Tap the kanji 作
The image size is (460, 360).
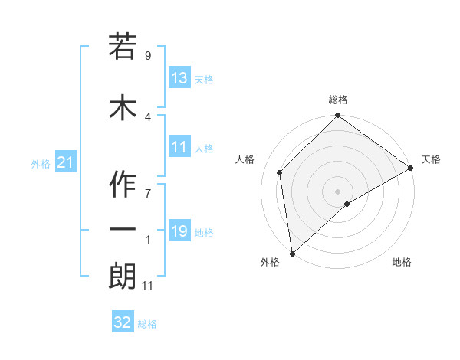click(x=123, y=184)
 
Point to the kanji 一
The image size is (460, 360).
click(x=123, y=229)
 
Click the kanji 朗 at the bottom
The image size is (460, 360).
click(x=123, y=277)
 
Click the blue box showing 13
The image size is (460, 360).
click(x=179, y=78)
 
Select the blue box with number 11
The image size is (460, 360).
click(x=179, y=148)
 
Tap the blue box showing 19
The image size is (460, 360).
click(x=179, y=231)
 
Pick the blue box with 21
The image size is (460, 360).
click(x=64, y=163)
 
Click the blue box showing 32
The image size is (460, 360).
click(x=123, y=322)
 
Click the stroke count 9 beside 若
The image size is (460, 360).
click(x=147, y=56)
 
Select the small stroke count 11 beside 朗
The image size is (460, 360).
click(x=149, y=286)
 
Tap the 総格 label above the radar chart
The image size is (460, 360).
click(x=338, y=100)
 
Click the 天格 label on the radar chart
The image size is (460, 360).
click(x=431, y=159)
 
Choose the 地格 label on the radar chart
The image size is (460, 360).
click(x=402, y=263)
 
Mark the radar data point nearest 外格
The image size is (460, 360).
click(x=292, y=253)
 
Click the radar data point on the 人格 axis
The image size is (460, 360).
click(x=280, y=172)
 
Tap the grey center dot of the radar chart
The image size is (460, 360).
click(x=338, y=191)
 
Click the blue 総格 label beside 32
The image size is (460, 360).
click(x=147, y=324)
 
